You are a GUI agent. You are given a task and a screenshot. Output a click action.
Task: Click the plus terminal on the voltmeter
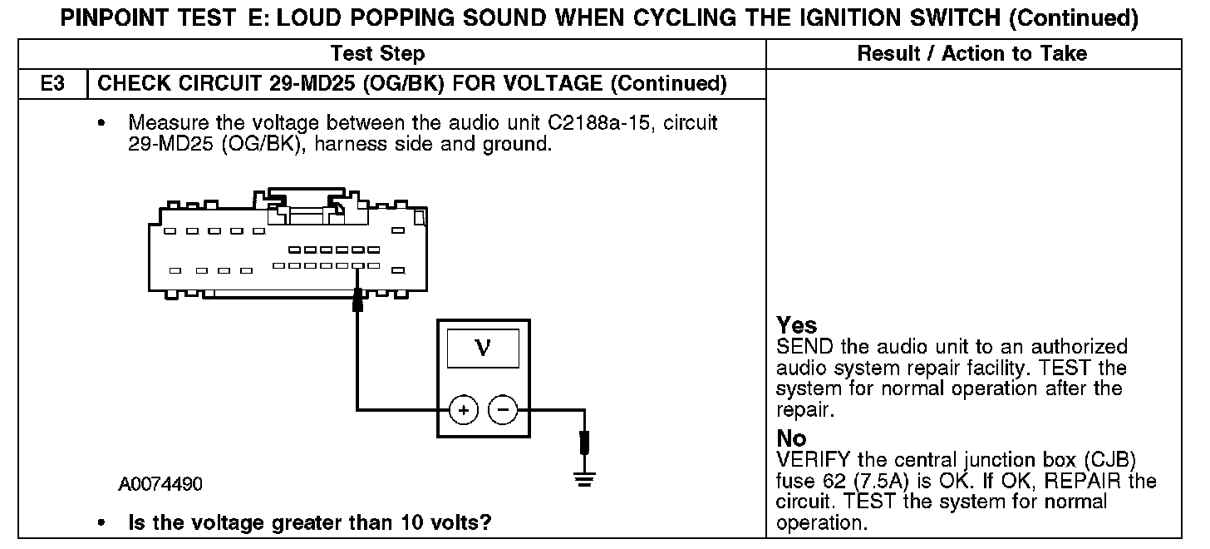463,409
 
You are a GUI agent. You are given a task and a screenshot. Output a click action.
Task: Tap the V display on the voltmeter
483,349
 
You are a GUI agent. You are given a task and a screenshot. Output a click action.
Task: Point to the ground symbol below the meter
585,479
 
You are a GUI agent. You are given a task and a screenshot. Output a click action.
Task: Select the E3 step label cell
52,83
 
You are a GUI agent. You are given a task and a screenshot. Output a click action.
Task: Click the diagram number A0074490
160,484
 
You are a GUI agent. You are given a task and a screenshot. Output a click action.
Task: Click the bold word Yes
797,325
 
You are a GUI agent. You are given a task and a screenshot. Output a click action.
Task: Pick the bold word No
791,438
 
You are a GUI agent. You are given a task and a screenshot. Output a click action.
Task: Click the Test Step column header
377,54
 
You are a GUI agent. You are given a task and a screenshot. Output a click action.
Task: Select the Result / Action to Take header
971,54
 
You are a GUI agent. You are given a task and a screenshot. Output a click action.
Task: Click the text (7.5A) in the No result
894,482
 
